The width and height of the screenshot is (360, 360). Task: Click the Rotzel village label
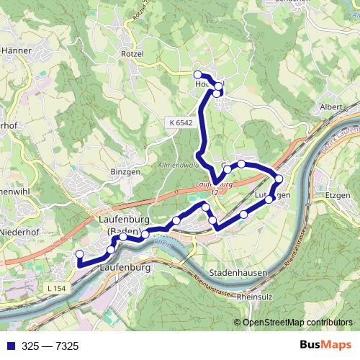tap(132, 53)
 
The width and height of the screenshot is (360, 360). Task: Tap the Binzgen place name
tap(112, 173)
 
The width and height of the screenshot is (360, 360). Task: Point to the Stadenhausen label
tap(238, 274)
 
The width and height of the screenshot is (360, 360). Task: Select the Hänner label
tap(15, 51)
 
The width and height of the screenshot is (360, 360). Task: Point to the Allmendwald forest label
tap(172, 166)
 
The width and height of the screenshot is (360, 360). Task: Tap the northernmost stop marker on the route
tap(198, 74)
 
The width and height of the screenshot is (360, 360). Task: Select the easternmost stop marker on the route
tap(279, 179)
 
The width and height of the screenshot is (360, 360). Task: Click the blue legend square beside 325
tap(8, 346)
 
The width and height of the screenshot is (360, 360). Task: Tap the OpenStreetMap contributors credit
tap(297, 322)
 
